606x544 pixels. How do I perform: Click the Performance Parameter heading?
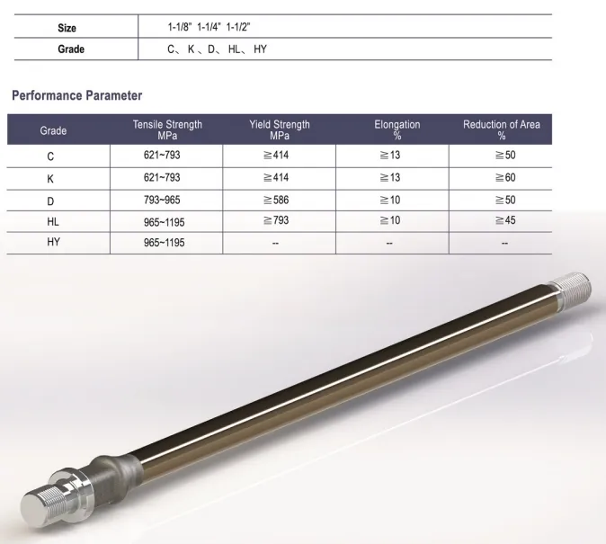click(76, 95)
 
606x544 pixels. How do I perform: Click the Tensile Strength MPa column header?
click(167, 129)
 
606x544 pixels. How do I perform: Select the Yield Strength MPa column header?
click(279, 129)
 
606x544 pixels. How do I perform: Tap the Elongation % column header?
click(397, 129)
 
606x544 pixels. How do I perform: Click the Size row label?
click(67, 29)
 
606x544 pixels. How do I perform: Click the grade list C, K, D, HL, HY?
click(217, 49)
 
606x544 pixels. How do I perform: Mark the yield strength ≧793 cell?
click(279, 220)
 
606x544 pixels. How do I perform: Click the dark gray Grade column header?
click(53, 130)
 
